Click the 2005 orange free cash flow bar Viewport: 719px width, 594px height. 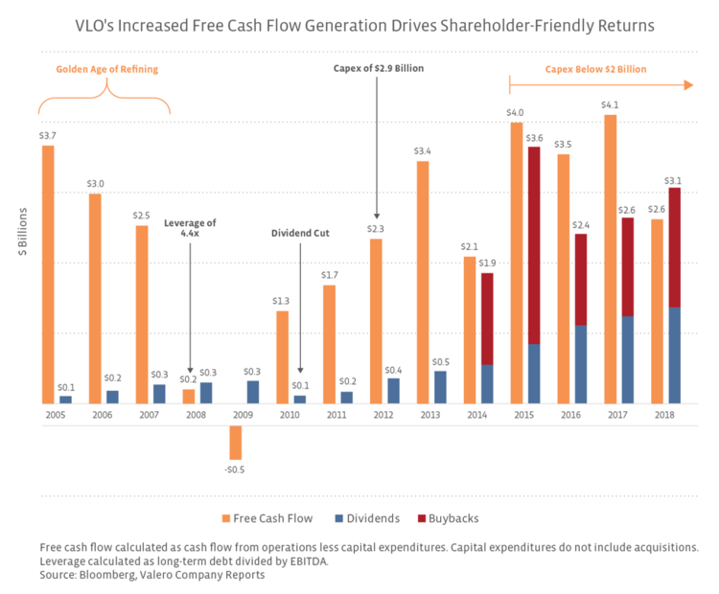(48, 274)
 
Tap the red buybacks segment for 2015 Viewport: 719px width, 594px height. (534, 245)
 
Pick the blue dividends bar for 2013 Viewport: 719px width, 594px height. (440, 386)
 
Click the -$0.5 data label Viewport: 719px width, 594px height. (235, 469)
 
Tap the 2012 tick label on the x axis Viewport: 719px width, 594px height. (383, 415)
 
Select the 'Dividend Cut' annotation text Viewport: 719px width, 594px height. (300, 231)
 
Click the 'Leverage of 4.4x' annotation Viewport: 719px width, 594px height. (190, 228)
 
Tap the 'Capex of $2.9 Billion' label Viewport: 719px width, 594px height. (379, 68)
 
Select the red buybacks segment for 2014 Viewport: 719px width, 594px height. (487, 319)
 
